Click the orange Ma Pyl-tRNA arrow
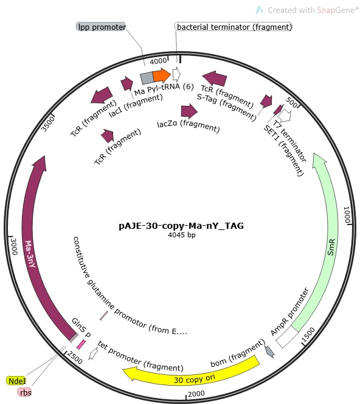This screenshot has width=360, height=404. [x=162, y=75]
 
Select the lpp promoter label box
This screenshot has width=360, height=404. [x=101, y=27]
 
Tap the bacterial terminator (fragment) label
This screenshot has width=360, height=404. [x=234, y=27]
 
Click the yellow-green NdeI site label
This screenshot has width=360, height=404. [x=16, y=381]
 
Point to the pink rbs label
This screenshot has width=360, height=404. [x=25, y=392]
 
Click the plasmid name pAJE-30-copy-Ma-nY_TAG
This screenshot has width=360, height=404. [x=181, y=226]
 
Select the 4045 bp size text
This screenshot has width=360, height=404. [x=182, y=235]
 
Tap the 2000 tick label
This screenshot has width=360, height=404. [x=196, y=394]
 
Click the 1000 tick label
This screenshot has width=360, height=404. [x=347, y=215]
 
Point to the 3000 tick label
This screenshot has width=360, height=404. [x=13, y=246]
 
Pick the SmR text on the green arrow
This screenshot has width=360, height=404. [x=331, y=247]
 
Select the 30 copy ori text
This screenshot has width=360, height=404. [x=195, y=378]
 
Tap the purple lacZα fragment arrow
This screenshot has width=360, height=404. [x=189, y=111]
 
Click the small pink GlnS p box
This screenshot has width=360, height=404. [x=81, y=344]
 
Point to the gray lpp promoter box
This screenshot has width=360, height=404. [x=147, y=78]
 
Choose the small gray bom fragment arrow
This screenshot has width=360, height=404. [x=269, y=352]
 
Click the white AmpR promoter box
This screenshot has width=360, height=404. [x=287, y=337]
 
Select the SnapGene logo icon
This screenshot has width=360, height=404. [x=259, y=10]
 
